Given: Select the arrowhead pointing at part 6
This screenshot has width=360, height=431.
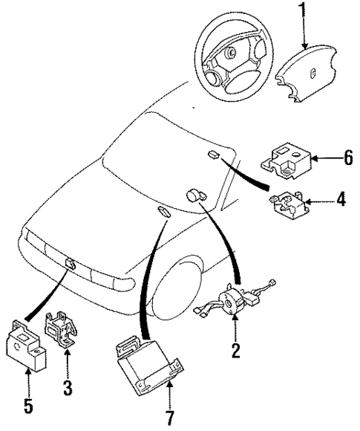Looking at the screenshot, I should [x=315, y=158].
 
